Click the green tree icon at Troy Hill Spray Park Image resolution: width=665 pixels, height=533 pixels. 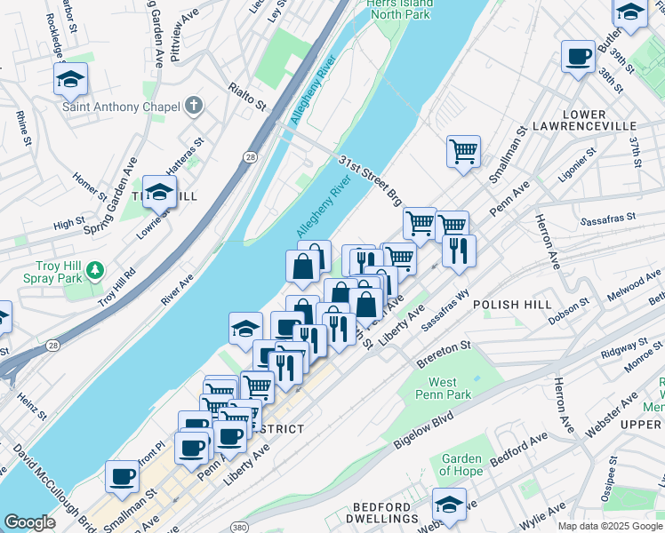pyautogui.click(x=97, y=268)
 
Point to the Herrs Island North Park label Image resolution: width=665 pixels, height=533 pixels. pyautogui.click(x=399, y=10)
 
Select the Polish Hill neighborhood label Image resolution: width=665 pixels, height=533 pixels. pyautogui.click(x=507, y=304)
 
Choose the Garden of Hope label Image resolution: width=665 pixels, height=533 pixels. pyautogui.click(x=462, y=465)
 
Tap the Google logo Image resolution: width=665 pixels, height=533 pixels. pyautogui.click(x=29, y=523)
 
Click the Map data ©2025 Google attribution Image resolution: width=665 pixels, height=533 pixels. pyautogui.click(x=611, y=526)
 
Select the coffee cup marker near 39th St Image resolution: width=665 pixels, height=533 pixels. pyautogui.click(x=578, y=57)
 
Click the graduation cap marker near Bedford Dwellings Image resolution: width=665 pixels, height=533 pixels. pyautogui.click(x=450, y=504)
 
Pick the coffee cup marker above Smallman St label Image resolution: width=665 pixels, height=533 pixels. pyautogui.click(x=122, y=475)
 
